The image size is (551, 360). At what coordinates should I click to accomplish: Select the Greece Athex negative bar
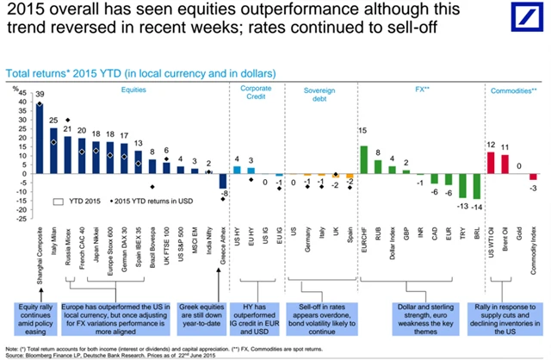click(x=224, y=181)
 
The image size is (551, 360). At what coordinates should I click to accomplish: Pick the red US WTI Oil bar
click(x=492, y=163)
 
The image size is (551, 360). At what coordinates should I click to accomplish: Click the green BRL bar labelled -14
click(x=476, y=186)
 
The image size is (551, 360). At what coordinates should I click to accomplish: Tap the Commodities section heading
click(x=513, y=90)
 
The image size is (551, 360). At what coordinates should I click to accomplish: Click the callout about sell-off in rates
click(x=319, y=314)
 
